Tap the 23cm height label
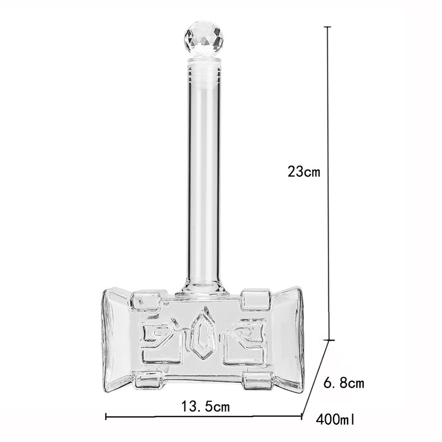click(303, 171)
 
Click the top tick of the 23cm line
click(327, 27)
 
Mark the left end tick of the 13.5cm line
click(106, 416)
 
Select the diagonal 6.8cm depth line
click(315, 378)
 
